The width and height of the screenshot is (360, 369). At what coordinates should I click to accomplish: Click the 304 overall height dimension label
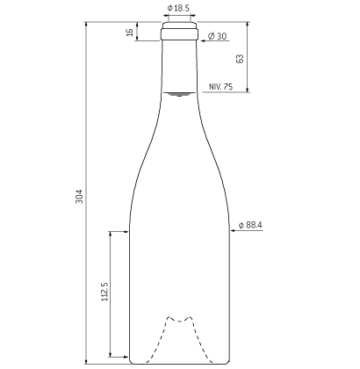(79, 197)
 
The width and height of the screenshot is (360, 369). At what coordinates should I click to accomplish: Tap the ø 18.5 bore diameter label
(178, 8)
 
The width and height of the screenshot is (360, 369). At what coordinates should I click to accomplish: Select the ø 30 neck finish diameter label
(217, 36)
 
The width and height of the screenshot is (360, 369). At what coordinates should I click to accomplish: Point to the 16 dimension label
(130, 33)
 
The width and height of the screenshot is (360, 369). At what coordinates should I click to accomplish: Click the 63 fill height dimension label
(240, 58)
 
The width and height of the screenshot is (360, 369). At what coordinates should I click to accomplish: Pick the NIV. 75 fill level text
(220, 87)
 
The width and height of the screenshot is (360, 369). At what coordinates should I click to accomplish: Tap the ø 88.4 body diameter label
(250, 225)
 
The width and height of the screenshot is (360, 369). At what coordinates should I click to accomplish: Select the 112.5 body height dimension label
(104, 292)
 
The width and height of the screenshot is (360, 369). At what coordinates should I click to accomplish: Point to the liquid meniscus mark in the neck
(179, 94)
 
